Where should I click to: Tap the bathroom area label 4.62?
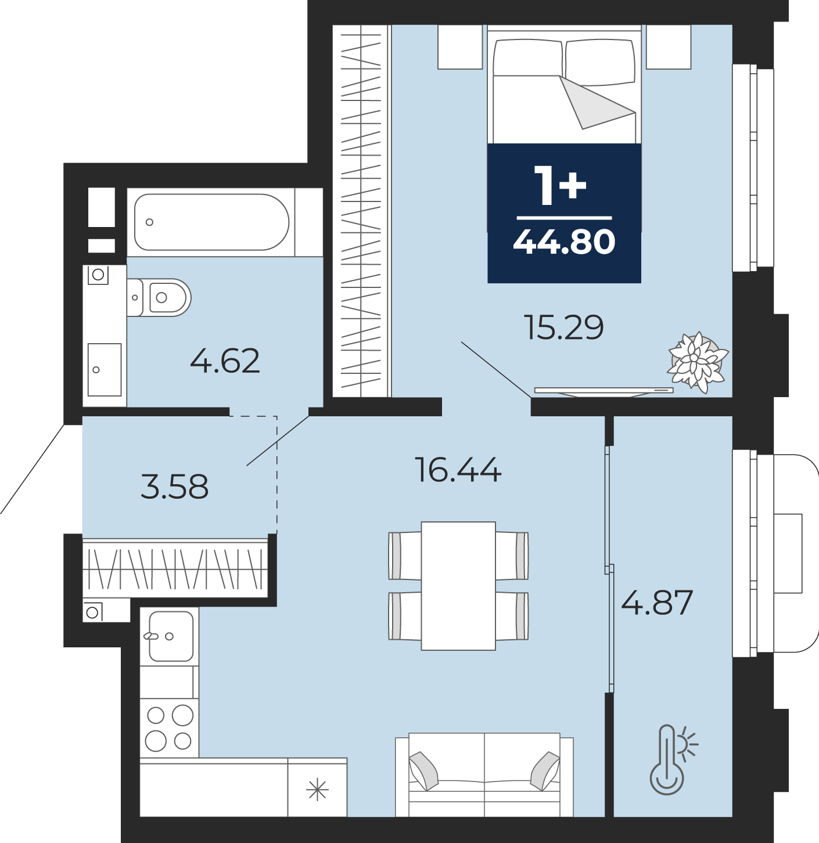pos(225,361)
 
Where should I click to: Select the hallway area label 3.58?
pos(175,487)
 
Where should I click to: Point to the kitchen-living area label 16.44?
pos(458,470)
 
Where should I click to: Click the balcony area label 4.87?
pos(657,602)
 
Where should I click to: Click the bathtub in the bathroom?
pos(211,222)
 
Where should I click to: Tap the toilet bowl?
pos(159,297)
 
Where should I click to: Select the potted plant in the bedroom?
pos(697,362)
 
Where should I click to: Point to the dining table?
pos(458,586)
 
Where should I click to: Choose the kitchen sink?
pos(171,636)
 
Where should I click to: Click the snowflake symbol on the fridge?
pos(317,789)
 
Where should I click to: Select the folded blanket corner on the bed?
pos(597,103)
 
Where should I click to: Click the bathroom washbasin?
pos(105,369)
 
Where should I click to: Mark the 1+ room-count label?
pos(560,186)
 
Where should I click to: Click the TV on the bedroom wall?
pos(604,391)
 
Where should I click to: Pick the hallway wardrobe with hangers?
pos(175,567)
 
